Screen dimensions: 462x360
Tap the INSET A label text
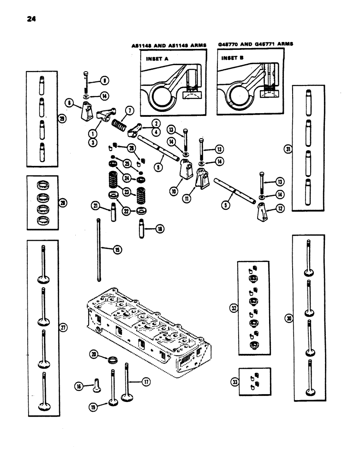157,59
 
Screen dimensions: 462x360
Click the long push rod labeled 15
98,249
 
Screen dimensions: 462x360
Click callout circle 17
146,382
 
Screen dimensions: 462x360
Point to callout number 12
281,209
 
